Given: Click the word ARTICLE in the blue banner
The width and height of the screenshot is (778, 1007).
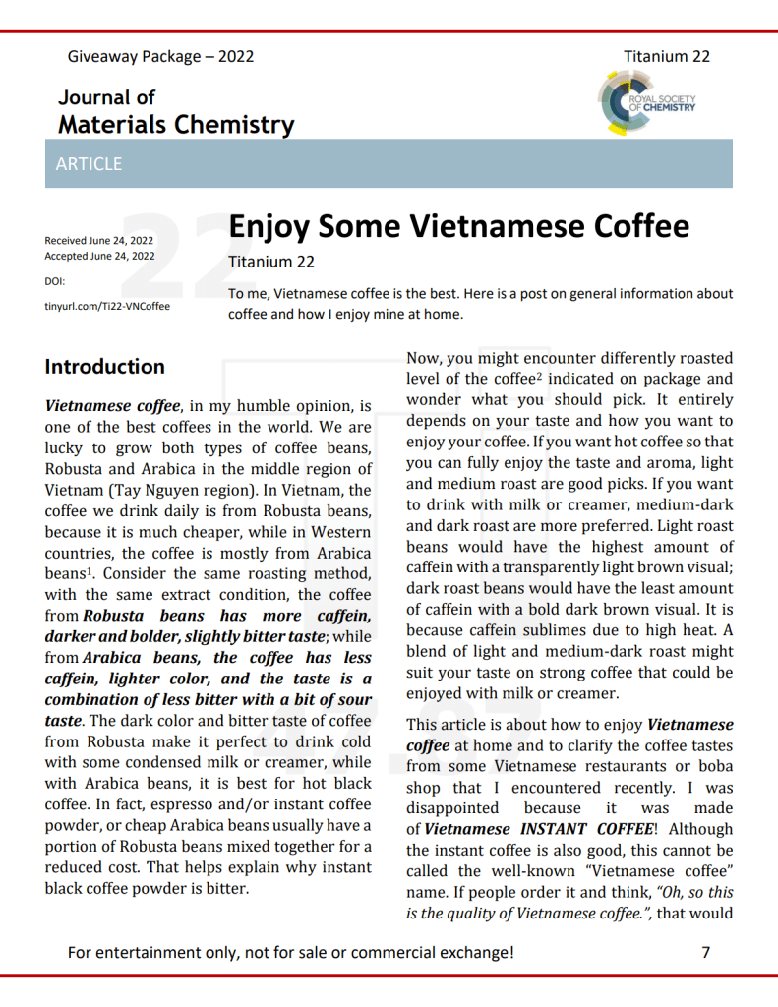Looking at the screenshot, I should coord(89,164).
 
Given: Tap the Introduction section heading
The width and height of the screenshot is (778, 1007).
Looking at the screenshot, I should coord(104,367).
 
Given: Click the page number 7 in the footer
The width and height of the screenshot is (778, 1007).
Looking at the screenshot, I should coord(705,951).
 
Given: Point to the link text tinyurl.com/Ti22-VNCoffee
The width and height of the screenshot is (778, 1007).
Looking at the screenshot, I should coord(107,306).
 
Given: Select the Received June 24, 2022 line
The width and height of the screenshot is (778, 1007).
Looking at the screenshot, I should coord(99,240).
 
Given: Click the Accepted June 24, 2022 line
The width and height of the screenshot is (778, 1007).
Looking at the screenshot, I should coord(99,256).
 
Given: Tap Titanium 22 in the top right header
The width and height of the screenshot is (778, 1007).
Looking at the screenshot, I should coord(666,56).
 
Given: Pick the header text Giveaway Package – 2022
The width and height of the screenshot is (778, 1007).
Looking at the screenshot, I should coord(160,56).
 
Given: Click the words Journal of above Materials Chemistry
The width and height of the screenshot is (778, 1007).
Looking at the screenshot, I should coord(106,97).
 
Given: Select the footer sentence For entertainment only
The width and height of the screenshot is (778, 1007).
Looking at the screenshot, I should coord(289,951).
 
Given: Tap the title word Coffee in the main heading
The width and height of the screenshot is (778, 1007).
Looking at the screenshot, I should coord(640,226).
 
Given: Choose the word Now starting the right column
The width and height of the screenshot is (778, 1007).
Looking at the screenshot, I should coord(424,359).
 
